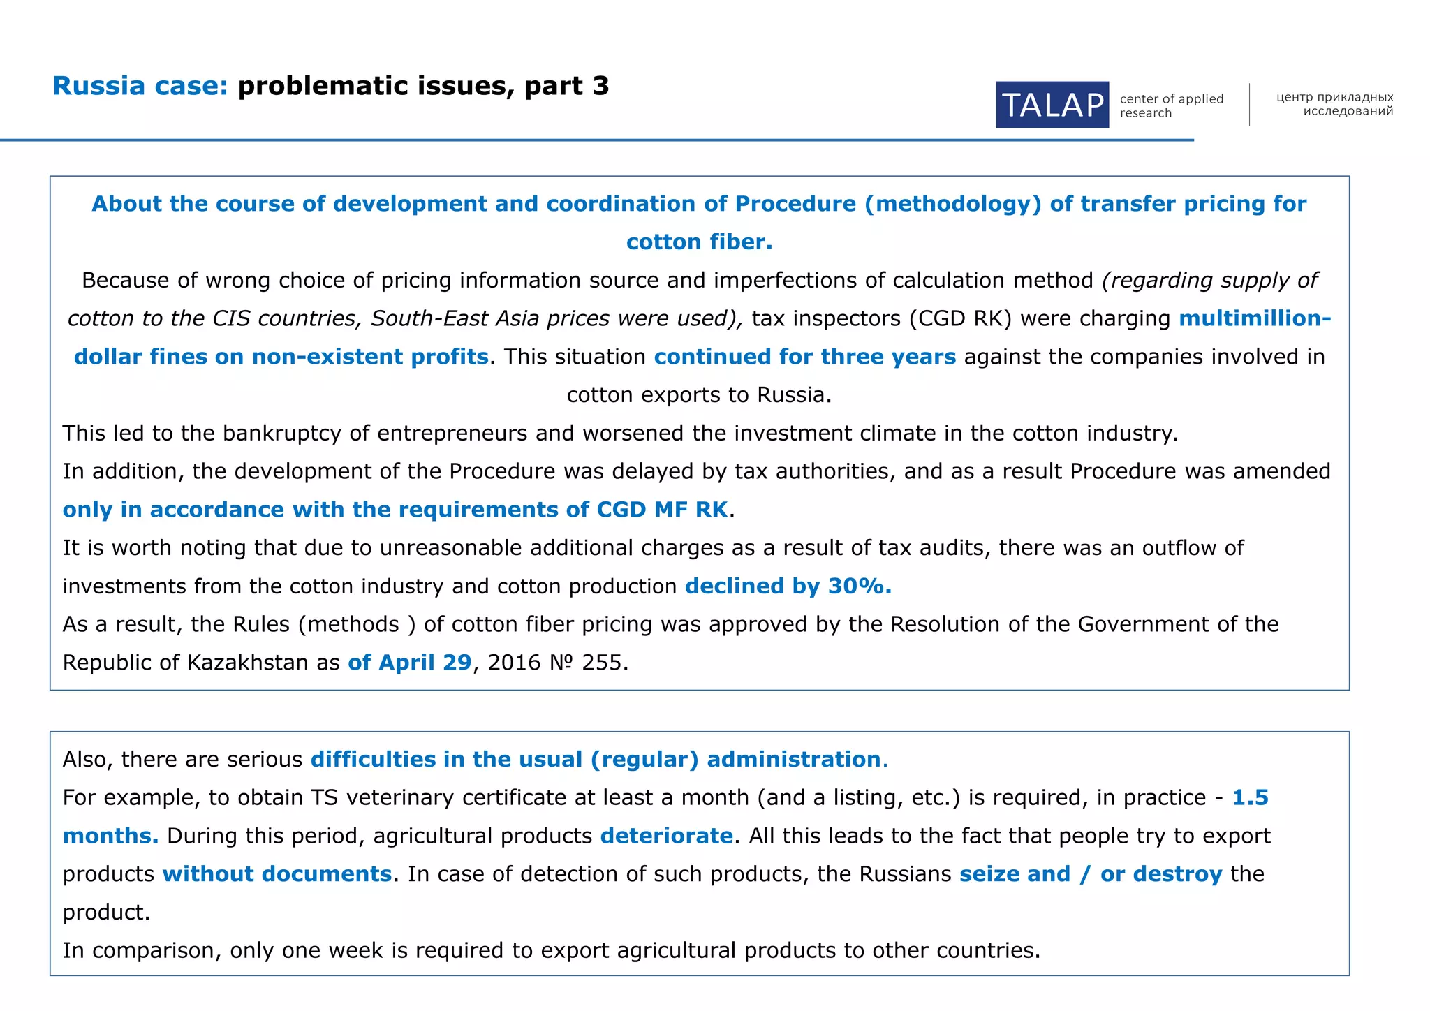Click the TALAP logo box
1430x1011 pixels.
tap(1052, 105)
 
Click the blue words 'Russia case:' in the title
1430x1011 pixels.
tap(140, 86)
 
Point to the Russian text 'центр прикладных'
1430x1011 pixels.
tap(1334, 97)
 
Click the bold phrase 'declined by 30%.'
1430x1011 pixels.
tap(788, 586)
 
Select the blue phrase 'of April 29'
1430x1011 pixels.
tap(410, 662)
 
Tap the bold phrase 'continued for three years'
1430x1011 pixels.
tap(804, 357)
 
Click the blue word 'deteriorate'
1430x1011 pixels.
tap(666, 836)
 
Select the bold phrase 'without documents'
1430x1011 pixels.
tap(277, 874)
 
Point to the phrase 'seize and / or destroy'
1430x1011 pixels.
tap(1091, 874)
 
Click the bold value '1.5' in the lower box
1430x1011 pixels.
tap(1250, 797)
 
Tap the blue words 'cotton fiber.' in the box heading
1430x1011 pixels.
tap(699, 242)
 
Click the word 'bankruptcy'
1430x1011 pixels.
tap(281, 433)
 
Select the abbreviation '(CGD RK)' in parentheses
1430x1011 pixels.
tap(960, 318)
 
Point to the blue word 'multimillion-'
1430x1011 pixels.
tap(1255, 318)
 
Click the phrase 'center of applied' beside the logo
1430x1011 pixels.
tap(1171, 98)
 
